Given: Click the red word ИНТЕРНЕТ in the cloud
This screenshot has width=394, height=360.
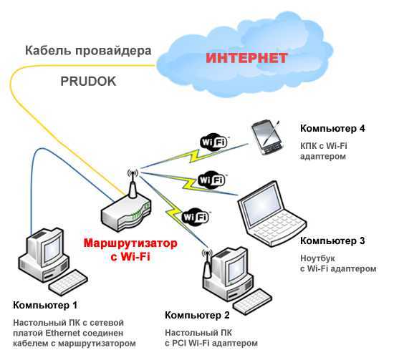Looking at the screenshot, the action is pyautogui.click(x=246, y=58).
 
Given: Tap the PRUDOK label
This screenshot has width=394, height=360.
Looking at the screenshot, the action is pyautogui.click(x=88, y=82).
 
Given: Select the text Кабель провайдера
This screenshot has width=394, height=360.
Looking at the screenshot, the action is pyautogui.click(x=88, y=51).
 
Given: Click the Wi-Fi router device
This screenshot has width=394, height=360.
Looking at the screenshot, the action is pyautogui.click(x=126, y=210).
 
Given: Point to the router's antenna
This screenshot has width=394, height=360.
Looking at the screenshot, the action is pyautogui.click(x=133, y=183).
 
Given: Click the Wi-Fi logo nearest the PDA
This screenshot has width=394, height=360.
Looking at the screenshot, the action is pyautogui.click(x=214, y=142).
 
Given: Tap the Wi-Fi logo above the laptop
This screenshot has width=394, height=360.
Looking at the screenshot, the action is pyautogui.click(x=211, y=180).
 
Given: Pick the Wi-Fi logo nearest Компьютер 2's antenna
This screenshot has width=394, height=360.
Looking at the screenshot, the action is pyautogui.click(x=196, y=216).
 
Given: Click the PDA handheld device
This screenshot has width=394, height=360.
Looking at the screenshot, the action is pyautogui.click(x=267, y=138).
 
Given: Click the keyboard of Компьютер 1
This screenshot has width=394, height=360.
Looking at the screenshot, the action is pyautogui.click(x=68, y=283).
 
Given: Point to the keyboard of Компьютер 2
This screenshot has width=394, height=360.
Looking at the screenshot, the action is pyautogui.click(x=253, y=302).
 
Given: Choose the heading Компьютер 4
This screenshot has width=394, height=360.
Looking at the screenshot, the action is pyautogui.click(x=332, y=129).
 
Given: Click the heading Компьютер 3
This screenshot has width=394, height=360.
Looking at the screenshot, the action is pyautogui.click(x=332, y=240).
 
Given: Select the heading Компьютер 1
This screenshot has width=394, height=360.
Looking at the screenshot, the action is pyautogui.click(x=45, y=306).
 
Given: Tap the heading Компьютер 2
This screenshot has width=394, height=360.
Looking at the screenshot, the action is pyautogui.click(x=197, y=315).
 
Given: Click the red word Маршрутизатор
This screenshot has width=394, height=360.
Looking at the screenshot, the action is pyautogui.click(x=130, y=243).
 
